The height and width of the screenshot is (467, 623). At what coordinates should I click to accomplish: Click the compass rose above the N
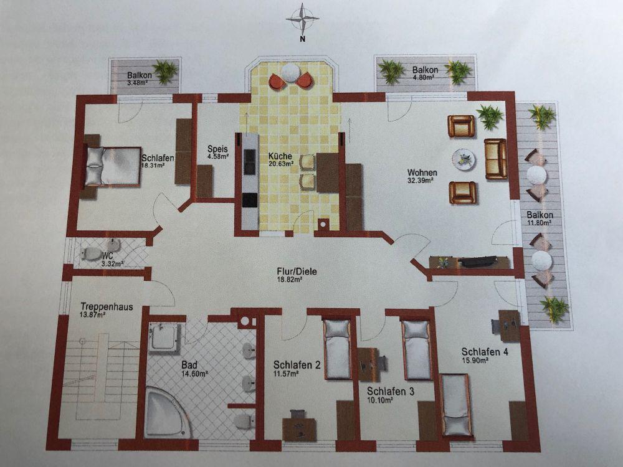tap(303, 18)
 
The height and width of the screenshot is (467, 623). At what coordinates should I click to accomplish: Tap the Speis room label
tap(217, 149)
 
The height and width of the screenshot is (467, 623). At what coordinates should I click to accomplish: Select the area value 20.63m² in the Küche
tap(280, 163)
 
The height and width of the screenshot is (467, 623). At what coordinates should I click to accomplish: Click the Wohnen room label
tap(422, 172)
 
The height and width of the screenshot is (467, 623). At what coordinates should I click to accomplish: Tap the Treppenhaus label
tap(107, 306)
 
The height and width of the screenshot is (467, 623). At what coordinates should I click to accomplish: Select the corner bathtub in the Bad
tap(168, 412)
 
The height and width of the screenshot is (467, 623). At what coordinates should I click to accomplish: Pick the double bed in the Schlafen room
tap(112, 166)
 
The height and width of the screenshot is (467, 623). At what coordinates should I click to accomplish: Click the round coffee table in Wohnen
tap(464, 159)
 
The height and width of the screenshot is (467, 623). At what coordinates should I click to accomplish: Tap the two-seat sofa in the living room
tap(495, 159)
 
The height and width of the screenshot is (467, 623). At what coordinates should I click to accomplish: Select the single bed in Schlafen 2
tap(337, 349)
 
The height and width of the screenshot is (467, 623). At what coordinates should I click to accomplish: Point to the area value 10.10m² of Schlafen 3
tap(380, 400)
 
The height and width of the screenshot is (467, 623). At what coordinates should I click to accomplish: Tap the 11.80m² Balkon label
tap(540, 215)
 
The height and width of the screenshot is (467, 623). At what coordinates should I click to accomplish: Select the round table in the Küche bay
tap(291, 73)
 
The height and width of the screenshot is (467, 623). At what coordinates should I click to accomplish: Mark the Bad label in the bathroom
tap(189, 364)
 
